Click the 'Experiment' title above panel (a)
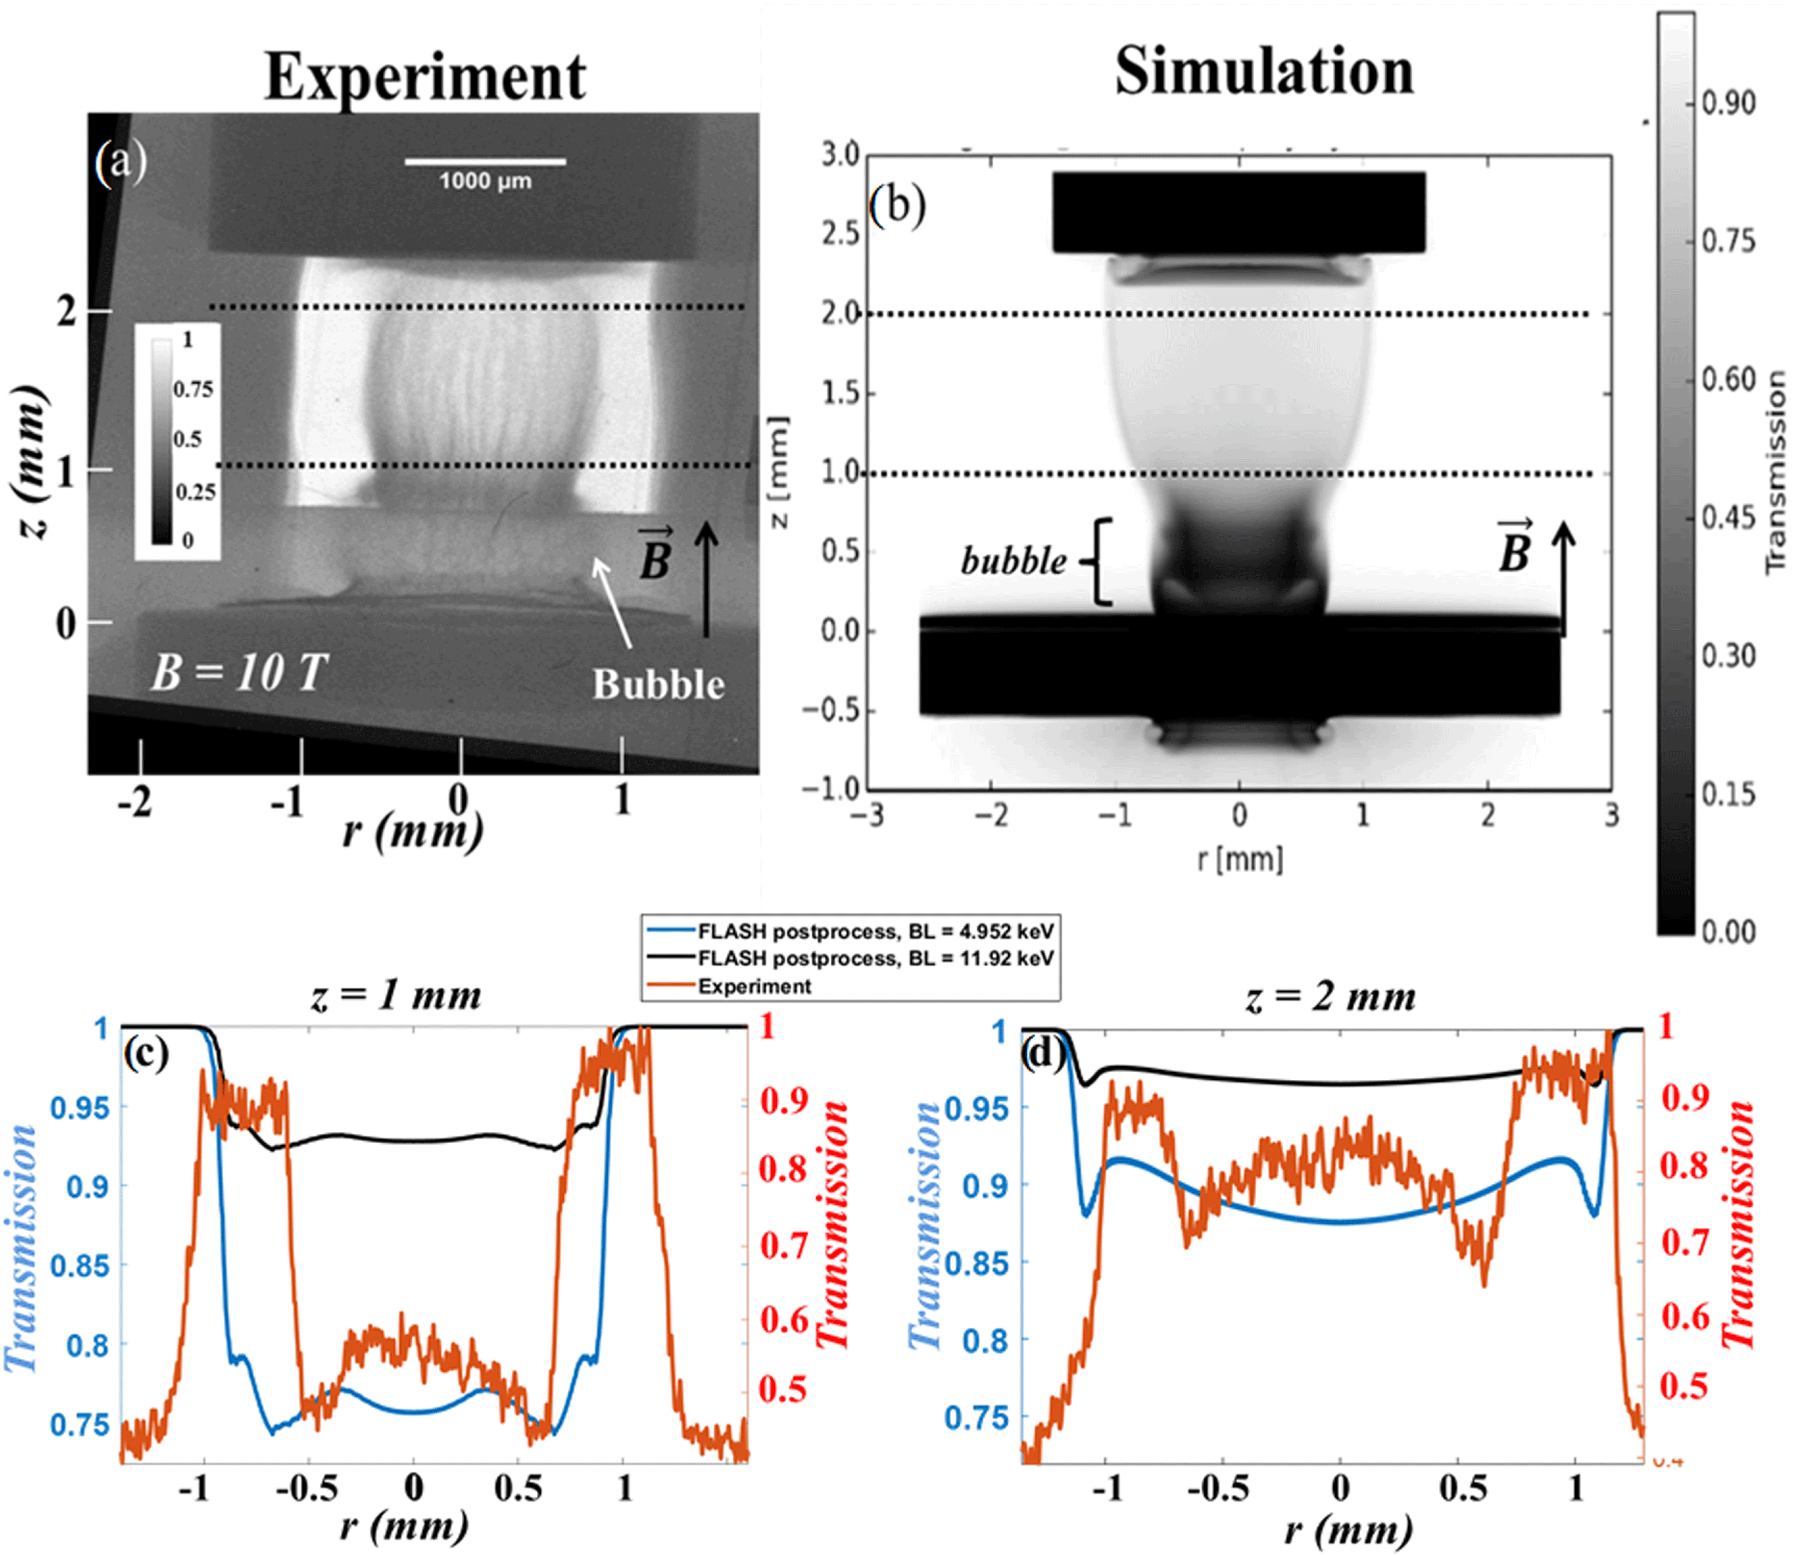coord(425,76)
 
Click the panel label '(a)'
coord(122,162)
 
